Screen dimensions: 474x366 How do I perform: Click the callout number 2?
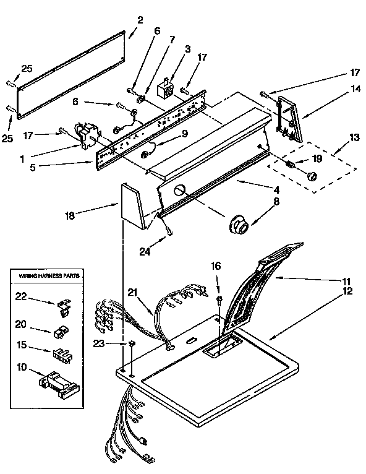coord(140,20)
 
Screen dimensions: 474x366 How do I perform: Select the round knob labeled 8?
coord(237,225)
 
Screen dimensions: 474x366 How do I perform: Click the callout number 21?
coord(132,293)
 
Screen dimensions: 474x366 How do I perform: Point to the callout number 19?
coord(317,158)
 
